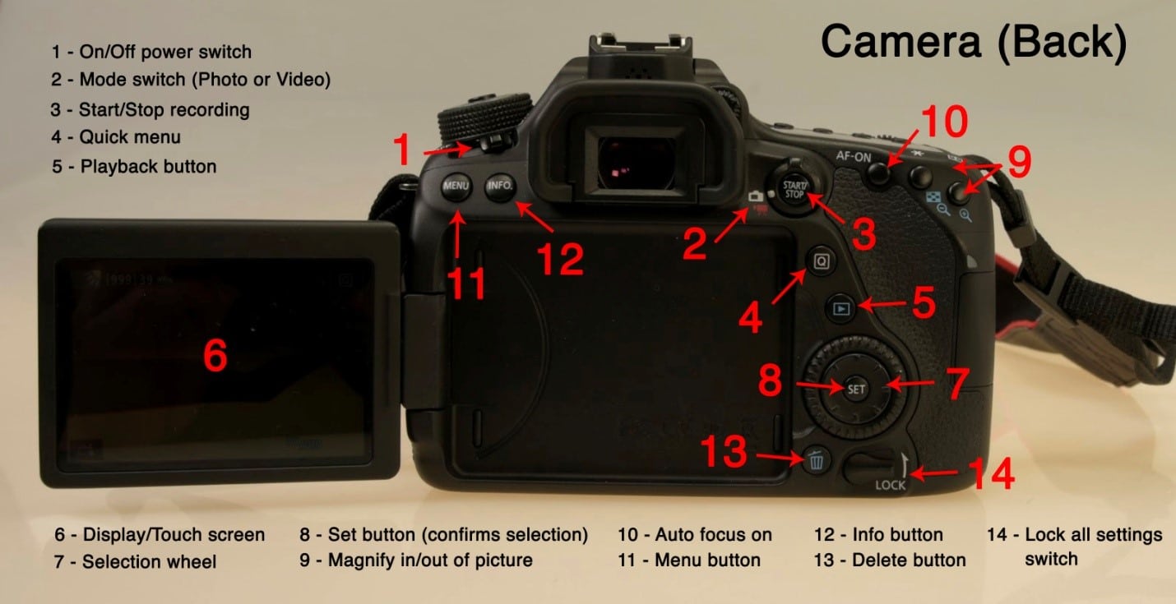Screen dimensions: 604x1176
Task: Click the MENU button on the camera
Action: point(456,186)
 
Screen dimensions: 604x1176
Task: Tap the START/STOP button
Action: point(794,188)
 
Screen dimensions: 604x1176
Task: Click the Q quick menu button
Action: point(821,261)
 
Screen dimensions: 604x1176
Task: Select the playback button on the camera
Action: point(840,309)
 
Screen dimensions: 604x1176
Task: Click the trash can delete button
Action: point(816,459)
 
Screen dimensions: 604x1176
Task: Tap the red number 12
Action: point(560,258)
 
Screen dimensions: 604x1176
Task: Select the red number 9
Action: point(1019,162)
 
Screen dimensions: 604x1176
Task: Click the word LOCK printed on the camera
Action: point(890,486)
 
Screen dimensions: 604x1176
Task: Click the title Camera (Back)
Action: point(973,42)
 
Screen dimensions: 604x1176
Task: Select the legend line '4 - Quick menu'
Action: point(116,137)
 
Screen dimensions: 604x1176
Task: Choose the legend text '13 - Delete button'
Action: point(890,560)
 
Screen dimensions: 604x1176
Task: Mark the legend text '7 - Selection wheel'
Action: point(136,562)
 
